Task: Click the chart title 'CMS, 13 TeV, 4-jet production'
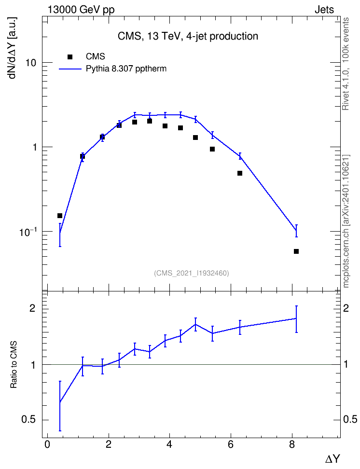pos(188,36)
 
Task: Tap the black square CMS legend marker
pos(70,57)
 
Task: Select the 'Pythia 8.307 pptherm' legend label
pos(126,69)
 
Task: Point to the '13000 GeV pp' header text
pos(81,10)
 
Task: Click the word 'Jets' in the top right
pos(324,10)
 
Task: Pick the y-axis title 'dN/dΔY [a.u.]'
pos(13,48)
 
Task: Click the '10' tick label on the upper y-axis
pos(30,63)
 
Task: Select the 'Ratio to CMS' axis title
pos(14,365)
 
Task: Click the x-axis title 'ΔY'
pos(332,458)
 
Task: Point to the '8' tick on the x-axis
pos(292,444)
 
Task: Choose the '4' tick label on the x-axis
pos(170,444)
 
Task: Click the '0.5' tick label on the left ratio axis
pos(29,420)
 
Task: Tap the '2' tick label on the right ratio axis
pos(346,308)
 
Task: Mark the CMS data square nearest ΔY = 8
pos(296,251)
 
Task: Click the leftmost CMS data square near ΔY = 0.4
pos(60,216)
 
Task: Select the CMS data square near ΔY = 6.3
pos(240,173)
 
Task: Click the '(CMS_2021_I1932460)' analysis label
pos(192,273)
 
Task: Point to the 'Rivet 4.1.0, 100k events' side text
pos(346,64)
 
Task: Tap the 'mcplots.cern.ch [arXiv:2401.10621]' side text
pos(346,221)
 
